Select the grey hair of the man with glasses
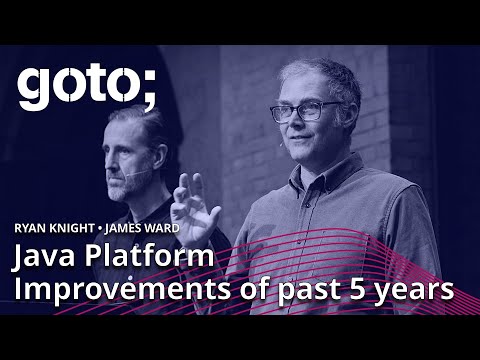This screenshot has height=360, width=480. click(320, 72)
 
